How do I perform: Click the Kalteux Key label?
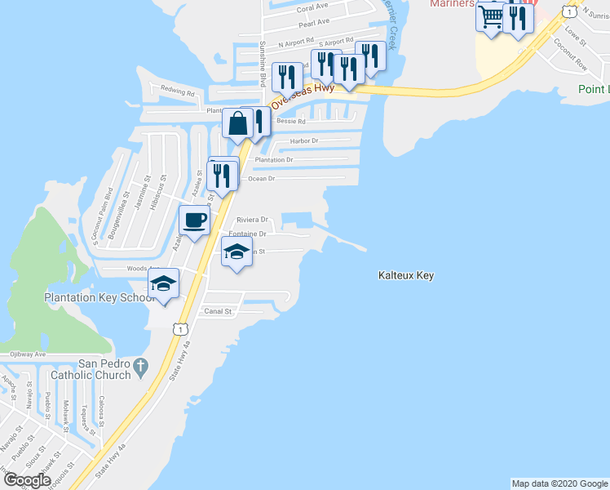[406, 276]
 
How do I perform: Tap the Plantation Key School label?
[99, 297]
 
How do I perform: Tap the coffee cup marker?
[195, 220]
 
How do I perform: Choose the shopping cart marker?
[491, 16]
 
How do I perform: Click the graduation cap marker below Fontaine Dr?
[236, 253]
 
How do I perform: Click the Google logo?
[27, 480]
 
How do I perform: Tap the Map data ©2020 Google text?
[559, 483]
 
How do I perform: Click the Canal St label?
[218, 311]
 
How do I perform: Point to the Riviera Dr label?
[252, 220]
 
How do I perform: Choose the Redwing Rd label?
[178, 92]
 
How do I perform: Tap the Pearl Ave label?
[313, 23]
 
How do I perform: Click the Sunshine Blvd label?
[263, 65]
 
